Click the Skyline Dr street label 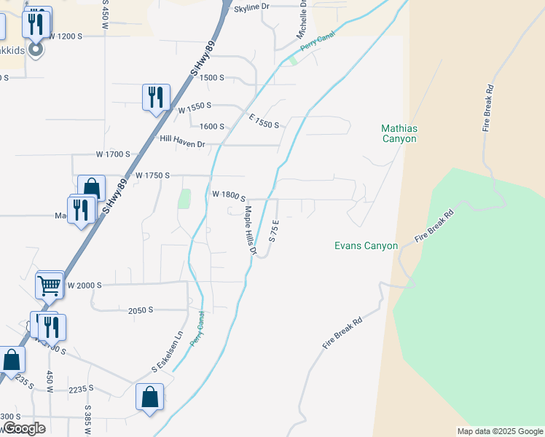[251, 7]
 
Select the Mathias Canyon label [399, 133]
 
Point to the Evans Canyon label [366, 245]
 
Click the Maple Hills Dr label [251, 229]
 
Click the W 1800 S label [229, 195]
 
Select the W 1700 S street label [113, 154]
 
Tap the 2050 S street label [140, 310]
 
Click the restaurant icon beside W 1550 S [156, 97]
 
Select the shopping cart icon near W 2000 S [50, 286]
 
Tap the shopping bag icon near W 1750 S [92, 189]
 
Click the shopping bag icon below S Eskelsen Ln [149, 397]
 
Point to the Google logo [23, 428]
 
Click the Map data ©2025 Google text [500, 431]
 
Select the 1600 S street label [211, 126]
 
